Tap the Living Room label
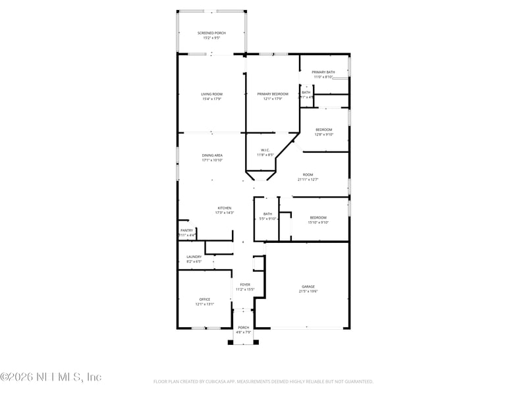(211, 94)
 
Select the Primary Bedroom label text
(273, 94)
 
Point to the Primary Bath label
(323, 72)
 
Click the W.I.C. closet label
(265, 149)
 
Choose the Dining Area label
(212, 155)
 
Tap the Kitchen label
(225, 208)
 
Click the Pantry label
(187, 230)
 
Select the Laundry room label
(194, 257)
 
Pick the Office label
(205, 300)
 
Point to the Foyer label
(245, 284)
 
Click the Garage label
(308, 286)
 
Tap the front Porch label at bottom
(244, 327)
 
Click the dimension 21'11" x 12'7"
(308, 180)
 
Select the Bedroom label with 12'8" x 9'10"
(323, 130)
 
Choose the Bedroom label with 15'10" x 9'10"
(318, 217)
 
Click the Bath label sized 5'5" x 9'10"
(267, 214)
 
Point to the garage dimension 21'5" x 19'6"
(308, 292)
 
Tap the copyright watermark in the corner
(51, 377)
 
